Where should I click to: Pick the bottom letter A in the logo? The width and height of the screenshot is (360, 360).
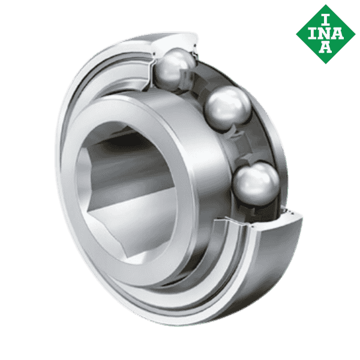pyautogui.click(x=325, y=46)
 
